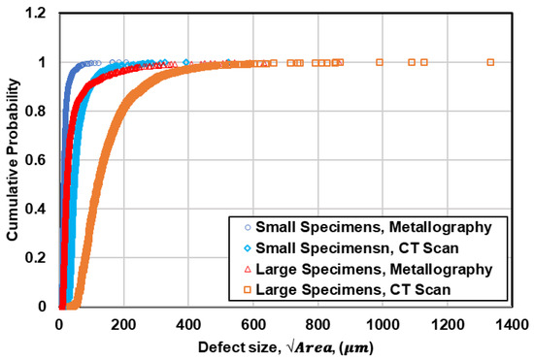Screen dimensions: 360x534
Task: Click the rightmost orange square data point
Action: pyautogui.click(x=490, y=62)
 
